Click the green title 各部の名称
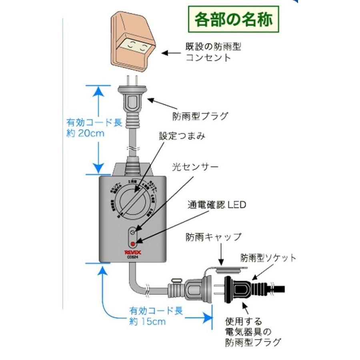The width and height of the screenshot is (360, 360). point(234,19)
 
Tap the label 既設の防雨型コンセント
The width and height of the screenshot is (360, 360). point(214,52)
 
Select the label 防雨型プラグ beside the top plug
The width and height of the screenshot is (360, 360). point(200,116)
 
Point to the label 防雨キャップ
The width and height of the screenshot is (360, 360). point(213,237)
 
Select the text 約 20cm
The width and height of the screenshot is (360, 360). point(85,133)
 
